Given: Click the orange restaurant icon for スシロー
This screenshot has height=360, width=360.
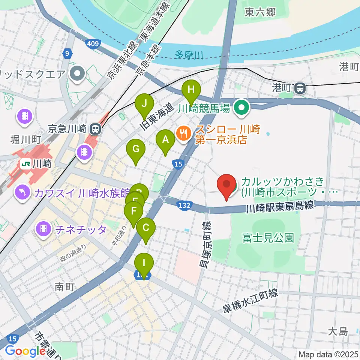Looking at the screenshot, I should (183, 133).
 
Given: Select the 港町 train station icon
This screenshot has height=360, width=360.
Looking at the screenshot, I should (300, 88).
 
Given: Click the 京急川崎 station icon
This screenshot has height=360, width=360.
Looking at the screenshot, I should (95, 130).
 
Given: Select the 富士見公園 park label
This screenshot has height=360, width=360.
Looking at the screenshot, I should (268, 238).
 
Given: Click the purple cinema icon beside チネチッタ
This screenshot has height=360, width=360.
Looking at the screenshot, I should (44, 229).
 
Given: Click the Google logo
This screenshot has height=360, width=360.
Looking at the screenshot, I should (25, 351).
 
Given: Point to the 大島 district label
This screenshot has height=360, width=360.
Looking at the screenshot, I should (338, 331).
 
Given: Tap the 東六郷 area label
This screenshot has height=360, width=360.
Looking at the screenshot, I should (260, 12).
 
